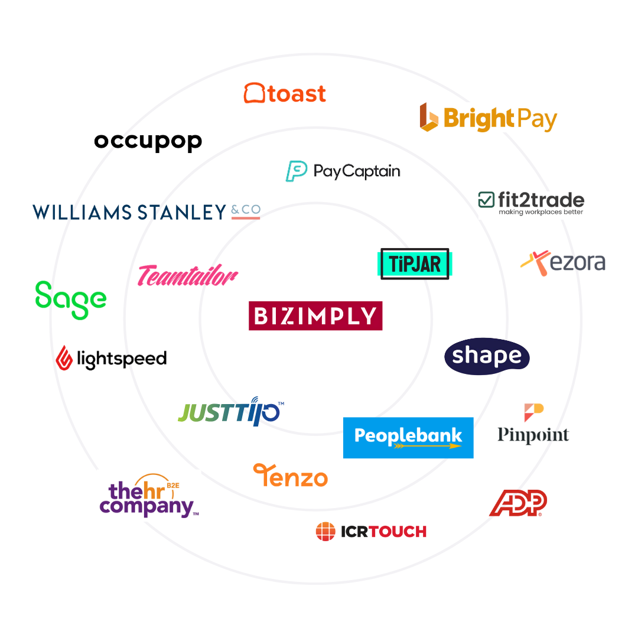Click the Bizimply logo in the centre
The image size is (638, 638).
pyautogui.click(x=315, y=315)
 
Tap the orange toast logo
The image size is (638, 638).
pyautogui.click(x=285, y=93)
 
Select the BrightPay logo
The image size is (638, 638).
pyautogui.click(x=489, y=118)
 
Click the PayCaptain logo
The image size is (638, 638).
pyautogui.click(x=343, y=171)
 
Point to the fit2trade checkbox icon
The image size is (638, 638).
pyautogui.click(x=486, y=200)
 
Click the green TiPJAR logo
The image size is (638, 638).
pyautogui.click(x=415, y=263)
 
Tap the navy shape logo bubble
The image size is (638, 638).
pyautogui.click(x=487, y=356)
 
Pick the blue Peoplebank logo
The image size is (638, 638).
pyautogui.click(x=408, y=438)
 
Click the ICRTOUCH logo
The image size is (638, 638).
pyautogui.click(x=371, y=532)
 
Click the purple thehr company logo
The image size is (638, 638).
pyautogui.click(x=148, y=496)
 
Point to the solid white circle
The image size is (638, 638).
pyautogui.click(x=81, y=442)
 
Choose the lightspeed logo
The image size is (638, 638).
pyautogui.click(x=112, y=357)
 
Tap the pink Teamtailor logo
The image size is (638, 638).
pyautogui.click(x=188, y=275)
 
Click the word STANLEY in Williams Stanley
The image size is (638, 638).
pyautogui.click(x=182, y=211)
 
